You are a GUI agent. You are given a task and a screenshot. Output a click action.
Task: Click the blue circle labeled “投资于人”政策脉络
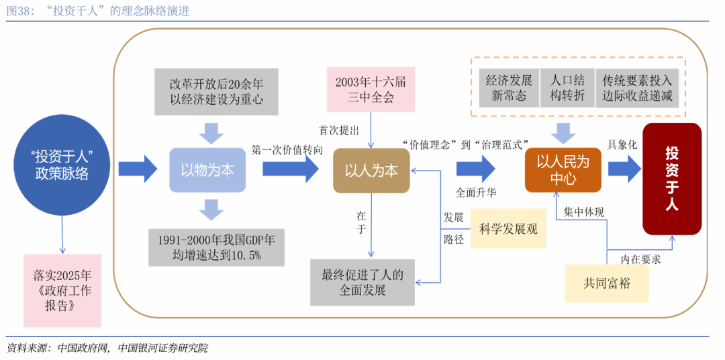[62, 165]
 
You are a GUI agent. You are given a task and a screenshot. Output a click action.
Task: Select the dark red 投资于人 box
[671, 179]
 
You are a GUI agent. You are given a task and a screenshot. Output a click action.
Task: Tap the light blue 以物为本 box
[207, 171]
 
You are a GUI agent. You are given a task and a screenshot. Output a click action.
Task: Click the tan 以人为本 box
[371, 171]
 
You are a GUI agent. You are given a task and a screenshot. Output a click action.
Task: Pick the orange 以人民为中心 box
[562, 170]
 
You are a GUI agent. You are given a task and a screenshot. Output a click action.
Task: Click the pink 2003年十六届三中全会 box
[371, 89]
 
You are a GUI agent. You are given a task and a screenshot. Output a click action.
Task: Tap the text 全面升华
[476, 192]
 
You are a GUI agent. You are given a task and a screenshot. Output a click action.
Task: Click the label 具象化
[622, 144]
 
